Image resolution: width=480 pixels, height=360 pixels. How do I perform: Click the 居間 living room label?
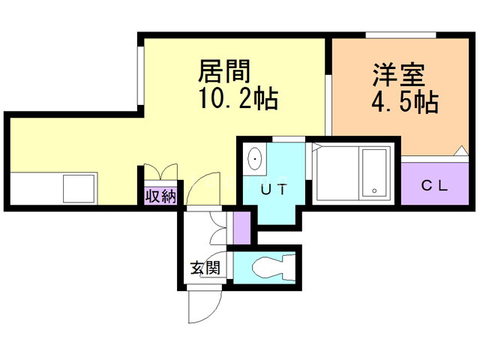tap(224, 71)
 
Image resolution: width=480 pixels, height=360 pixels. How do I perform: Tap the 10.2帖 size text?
tap(238, 98)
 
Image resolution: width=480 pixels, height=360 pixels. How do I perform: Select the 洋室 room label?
tap(399, 75)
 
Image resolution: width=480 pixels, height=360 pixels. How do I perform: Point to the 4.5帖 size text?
tap(405, 103)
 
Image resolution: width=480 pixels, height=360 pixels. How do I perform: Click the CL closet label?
tap(434, 185)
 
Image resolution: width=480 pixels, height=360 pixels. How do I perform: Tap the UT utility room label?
tap(274, 189)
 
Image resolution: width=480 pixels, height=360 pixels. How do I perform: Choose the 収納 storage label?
tap(160, 196)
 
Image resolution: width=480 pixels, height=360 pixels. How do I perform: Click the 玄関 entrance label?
tap(205, 268)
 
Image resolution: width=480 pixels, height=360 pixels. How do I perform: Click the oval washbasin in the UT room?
tap(255, 159)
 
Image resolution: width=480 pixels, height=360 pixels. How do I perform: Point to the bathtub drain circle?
tap(374, 190)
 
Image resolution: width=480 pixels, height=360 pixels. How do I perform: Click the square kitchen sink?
tap(79, 188)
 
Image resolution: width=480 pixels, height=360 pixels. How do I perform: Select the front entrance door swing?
tap(205, 307)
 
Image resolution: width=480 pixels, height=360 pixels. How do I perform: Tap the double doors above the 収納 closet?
tap(160, 172)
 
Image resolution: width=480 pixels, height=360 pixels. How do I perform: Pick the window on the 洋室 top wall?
tap(400, 35)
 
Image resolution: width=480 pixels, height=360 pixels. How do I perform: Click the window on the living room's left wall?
tap(140, 76)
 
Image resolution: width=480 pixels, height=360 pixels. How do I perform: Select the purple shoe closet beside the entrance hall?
tap(241, 228)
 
